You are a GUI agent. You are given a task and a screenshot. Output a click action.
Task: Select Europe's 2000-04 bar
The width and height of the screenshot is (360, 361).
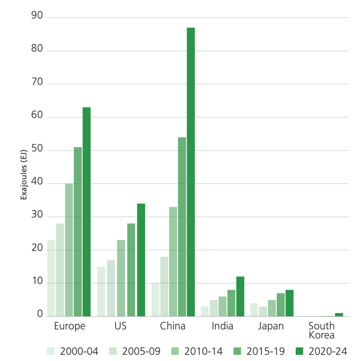(x=51, y=278)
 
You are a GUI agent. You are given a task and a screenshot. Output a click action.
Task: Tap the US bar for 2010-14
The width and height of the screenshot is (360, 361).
(x=121, y=278)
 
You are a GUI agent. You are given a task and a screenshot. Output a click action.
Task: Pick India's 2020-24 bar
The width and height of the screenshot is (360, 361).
(x=240, y=296)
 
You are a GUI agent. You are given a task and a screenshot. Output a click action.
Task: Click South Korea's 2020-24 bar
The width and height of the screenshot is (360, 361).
(x=339, y=315)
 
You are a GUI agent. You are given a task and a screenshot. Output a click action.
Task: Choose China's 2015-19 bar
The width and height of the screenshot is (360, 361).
(x=182, y=227)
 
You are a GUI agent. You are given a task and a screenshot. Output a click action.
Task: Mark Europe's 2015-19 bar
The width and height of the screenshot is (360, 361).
(x=78, y=232)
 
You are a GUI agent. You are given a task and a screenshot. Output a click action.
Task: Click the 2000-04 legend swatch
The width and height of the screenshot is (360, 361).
(x=51, y=351)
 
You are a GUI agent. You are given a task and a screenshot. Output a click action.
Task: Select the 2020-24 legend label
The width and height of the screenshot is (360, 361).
(x=328, y=351)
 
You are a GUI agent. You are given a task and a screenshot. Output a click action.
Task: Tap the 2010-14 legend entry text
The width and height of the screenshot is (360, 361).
(x=204, y=351)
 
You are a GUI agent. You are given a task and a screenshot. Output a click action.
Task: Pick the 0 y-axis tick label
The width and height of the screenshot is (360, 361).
(x=39, y=316)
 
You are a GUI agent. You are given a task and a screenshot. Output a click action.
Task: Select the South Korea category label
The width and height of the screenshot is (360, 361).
(x=321, y=330)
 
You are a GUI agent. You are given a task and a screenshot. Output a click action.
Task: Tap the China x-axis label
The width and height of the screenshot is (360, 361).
(x=173, y=326)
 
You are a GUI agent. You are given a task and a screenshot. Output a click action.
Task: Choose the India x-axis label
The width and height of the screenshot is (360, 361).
(x=223, y=326)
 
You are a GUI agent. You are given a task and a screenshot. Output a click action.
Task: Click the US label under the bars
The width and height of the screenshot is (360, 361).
(x=120, y=326)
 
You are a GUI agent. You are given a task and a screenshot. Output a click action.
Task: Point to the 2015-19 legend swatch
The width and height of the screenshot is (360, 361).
(x=237, y=351)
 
